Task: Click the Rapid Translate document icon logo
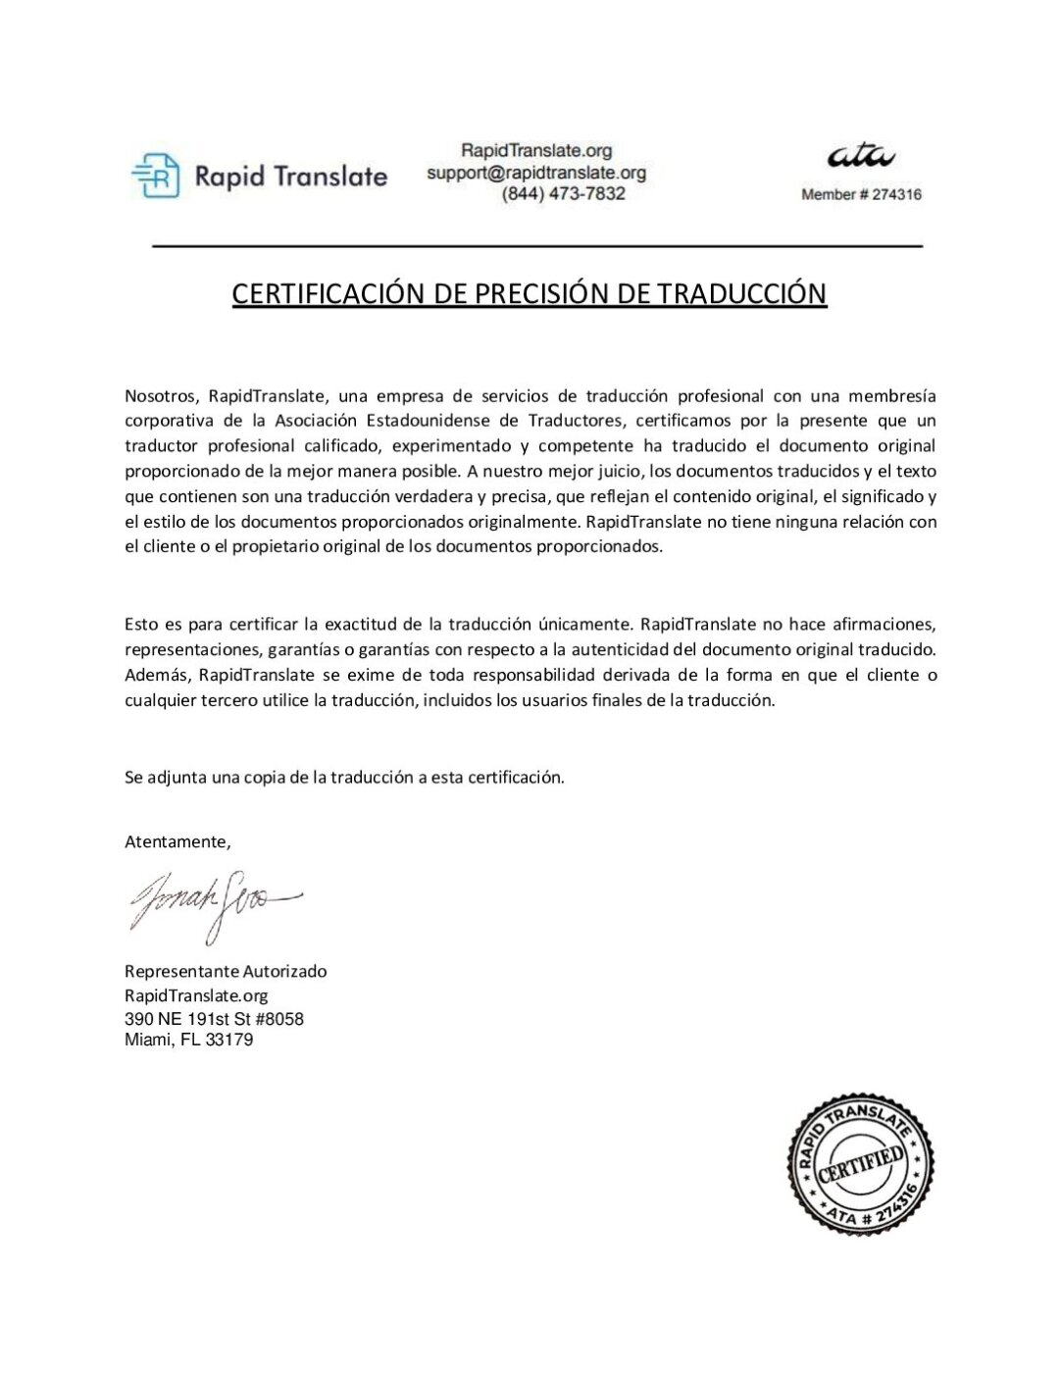[x=156, y=176]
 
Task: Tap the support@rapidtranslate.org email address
[x=536, y=173]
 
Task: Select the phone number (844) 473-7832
[x=563, y=194]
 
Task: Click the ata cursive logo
[x=861, y=156]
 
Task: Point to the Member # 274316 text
[x=861, y=195]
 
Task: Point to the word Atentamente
[x=177, y=841]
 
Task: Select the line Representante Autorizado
[x=226, y=971]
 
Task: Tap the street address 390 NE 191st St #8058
[x=214, y=1019]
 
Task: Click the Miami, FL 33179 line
[x=188, y=1040]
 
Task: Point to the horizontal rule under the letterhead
[x=537, y=245]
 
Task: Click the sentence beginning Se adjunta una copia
[x=344, y=778]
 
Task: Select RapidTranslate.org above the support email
[x=536, y=151]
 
